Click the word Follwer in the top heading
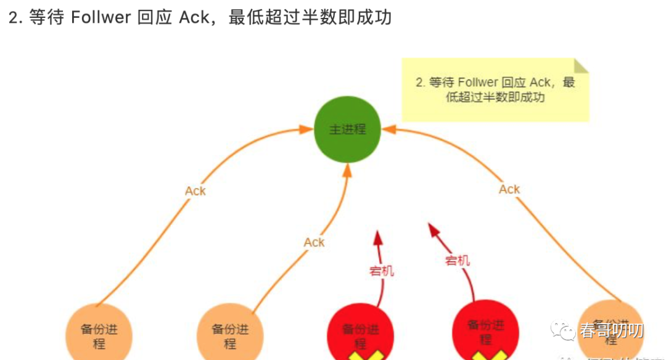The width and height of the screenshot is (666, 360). pyautogui.click(x=100, y=18)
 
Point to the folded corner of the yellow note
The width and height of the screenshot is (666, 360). pyautogui.click(x=582, y=66)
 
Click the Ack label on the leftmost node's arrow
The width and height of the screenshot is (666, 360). pyautogui.click(x=195, y=191)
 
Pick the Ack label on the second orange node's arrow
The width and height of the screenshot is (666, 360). pyautogui.click(x=314, y=242)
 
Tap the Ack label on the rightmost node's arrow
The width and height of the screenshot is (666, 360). pyautogui.click(x=509, y=189)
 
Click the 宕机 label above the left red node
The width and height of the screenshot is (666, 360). pyautogui.click(x=382, y=271)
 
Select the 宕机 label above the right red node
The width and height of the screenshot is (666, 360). pyautogui.click(x=458, y=261)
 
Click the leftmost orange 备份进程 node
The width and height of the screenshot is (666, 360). pyautogui.click(x=99, y=334)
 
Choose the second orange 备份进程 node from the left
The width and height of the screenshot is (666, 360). pyautogui.click(x=230, y=334)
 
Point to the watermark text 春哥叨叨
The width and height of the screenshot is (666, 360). pyautogui.click(x=611, y=331)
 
